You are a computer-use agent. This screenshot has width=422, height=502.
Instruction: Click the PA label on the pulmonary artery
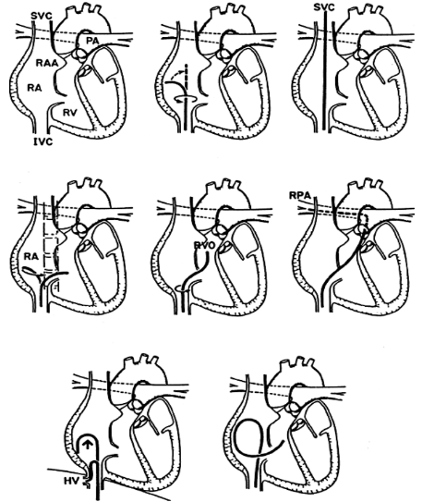point(92,41)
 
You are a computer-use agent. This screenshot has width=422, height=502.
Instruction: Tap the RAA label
point(47,63)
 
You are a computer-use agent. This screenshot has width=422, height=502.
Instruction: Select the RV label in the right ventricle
point(70,113)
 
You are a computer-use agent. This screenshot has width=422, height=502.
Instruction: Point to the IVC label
point(42,141)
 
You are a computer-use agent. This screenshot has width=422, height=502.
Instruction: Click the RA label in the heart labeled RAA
point(34,88)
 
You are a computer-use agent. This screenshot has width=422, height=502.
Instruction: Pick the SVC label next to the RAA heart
point(42,17)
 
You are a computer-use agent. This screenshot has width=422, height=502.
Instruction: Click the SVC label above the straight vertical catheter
point(324,7)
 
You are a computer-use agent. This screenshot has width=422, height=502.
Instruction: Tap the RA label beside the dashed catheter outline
point(31,256)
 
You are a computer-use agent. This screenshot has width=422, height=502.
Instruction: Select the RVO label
point(205,246)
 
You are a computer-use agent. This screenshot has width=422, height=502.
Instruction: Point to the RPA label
point(300,195)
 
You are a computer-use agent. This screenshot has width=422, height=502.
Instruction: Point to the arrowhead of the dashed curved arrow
point(185,68)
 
